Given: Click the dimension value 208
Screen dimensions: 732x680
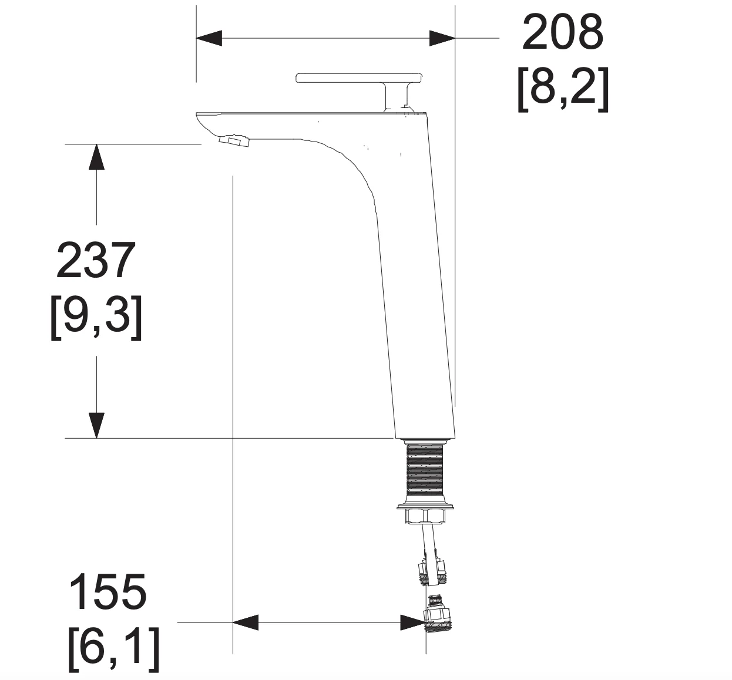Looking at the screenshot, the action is coord(562,32).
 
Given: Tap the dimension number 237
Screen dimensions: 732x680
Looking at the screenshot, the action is coord(96,260).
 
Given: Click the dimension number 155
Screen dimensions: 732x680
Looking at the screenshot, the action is coord(108,593).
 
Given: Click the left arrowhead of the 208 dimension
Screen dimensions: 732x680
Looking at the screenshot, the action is coord(209,38).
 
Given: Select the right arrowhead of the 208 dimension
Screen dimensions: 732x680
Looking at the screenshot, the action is coord(442,38).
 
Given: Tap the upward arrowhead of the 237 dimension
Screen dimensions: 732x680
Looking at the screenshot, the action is coord(96,157).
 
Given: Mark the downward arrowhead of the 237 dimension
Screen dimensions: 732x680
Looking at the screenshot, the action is coord(96,425).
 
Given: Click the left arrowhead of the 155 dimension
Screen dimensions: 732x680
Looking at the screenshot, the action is coord(246,622).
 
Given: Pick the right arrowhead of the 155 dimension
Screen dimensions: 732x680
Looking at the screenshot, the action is coord(413,622).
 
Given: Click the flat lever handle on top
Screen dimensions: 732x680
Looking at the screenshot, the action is coord(360,78).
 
